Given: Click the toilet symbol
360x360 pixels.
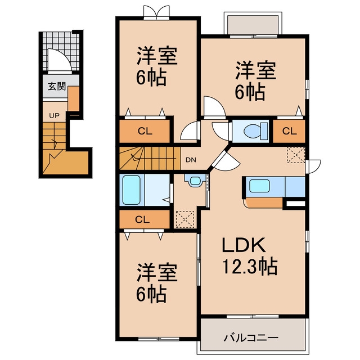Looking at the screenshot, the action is coord(255,131).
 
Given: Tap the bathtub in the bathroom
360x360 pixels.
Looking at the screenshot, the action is coord(131,190).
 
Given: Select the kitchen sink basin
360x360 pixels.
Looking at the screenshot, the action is coord(259,186).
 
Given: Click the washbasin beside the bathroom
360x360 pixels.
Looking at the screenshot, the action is coord(195,181).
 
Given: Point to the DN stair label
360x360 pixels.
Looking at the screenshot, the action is coord(191,160).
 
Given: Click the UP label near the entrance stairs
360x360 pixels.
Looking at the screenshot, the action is coord(54,116).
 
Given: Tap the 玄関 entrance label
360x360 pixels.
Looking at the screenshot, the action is coord(57,87).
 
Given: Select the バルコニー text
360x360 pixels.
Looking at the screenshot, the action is coord(251,337).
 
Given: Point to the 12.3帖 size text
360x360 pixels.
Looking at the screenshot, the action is coord(250,267).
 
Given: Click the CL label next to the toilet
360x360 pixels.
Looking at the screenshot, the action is coord(289,131).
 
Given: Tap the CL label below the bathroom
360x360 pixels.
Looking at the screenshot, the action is coord(142,220).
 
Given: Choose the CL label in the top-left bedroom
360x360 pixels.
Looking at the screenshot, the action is coord(145,131).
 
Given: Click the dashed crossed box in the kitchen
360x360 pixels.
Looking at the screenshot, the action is coord(296,155).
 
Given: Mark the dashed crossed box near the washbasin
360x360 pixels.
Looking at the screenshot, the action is coord(185,219).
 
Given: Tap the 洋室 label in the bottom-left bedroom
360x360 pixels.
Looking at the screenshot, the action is coord(157,273).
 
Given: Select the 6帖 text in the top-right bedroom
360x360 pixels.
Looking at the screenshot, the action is coord(250,92).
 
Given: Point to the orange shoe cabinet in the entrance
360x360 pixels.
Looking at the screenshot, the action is coord(74,99).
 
